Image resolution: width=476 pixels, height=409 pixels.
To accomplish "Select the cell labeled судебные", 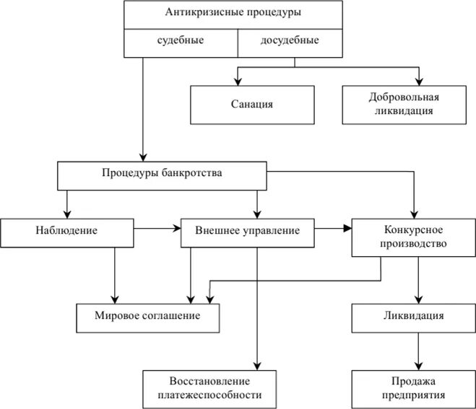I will (181, 40).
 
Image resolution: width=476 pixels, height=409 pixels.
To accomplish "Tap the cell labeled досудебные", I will (289, 40).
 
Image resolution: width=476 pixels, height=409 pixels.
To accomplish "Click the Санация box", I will (247, 104).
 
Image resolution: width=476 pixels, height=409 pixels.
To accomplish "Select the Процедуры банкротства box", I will (162, 174).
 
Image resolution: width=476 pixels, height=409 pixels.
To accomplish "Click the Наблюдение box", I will (66, 231).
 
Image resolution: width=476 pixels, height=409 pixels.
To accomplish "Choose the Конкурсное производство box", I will (413, 237).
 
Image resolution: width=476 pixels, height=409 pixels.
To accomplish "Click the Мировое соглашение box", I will (147, 317).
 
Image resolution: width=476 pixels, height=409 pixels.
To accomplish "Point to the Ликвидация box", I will (413, 317).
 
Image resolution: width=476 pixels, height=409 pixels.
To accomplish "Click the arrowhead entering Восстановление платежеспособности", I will (256, 366).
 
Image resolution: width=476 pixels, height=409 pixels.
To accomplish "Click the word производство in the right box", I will (415, 243).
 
